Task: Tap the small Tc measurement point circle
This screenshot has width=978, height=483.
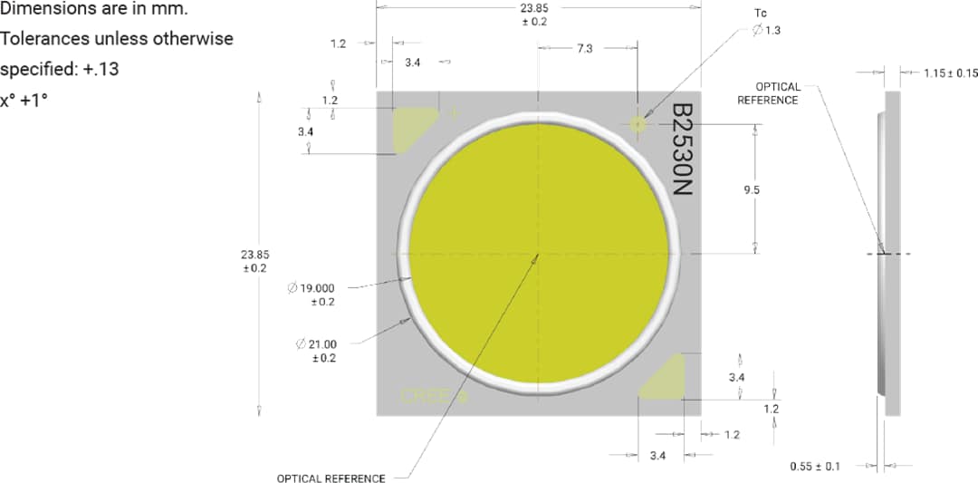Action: (x=638, y=123)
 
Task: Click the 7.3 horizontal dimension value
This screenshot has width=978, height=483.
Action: (x=584, y=49)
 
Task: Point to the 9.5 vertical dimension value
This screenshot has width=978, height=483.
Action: (x=751, y=190)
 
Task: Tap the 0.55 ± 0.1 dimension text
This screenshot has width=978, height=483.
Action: (x=815, y=467)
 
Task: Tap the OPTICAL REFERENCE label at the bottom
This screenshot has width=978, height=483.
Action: (x=331, y=478)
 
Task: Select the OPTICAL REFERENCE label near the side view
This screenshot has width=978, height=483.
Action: (x=768, y=93)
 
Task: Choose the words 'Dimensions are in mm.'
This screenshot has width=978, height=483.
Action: (x=94, y=10)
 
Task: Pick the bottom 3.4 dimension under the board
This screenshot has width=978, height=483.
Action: (x=658, y=455)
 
